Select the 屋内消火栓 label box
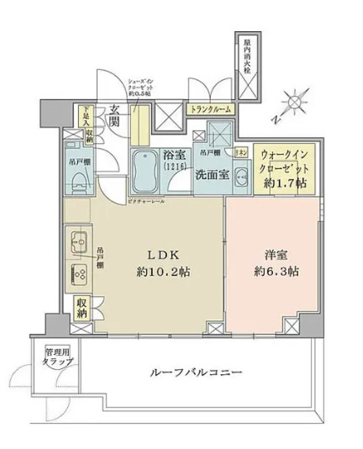(247, 60)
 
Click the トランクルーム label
(210, 109)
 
